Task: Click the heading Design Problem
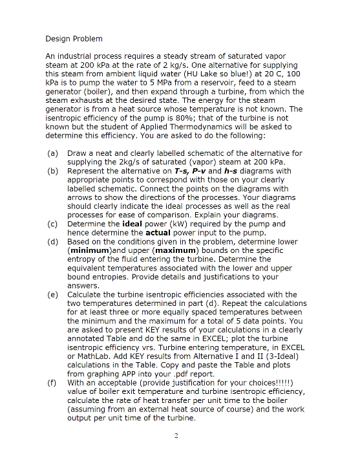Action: click(74, 39)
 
